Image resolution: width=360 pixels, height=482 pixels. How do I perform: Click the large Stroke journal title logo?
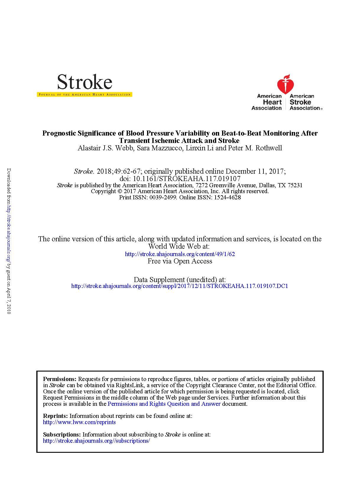click(x=84, y=82)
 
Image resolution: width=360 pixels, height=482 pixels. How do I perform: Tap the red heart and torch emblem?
click(x=285, y=84)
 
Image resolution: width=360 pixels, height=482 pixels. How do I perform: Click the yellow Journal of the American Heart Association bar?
click(x=84, y=95)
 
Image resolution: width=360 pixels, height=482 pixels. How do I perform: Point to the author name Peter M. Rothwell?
click(x=255, y=148)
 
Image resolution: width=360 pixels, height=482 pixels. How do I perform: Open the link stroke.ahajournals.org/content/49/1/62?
click(x=180, y=254)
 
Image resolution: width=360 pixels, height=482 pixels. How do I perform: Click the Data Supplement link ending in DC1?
click(x=180, y=286)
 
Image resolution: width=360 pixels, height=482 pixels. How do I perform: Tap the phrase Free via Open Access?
click(x=180, y=261)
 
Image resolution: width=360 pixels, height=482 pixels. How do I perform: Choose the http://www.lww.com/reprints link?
click(x=79, y=422)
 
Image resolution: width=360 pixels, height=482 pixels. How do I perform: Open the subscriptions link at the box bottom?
click(x=96, y=441)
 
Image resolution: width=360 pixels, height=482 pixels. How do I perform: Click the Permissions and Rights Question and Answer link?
click(x=164, y=404)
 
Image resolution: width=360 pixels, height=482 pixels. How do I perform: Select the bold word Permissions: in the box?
click(x=60, y=379)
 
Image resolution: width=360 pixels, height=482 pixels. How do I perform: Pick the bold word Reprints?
click(x=56, y=416)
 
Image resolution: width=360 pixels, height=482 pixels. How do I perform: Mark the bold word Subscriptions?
click(x=62, y=434)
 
